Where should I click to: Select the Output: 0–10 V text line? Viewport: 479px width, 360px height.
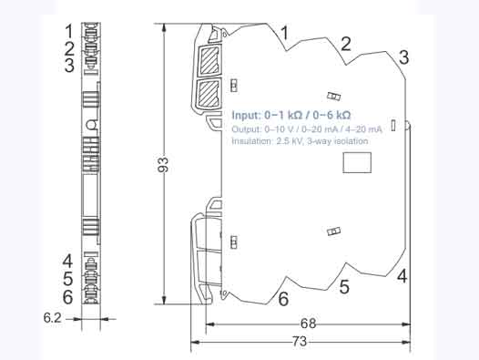coord(306,129)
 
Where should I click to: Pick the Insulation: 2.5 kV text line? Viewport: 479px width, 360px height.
coord(300,141)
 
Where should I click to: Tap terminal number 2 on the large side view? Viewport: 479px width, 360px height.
coord(345,43)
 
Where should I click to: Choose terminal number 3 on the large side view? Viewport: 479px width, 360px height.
coord(403,57)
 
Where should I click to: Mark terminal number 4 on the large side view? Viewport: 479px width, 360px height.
coord(401,276)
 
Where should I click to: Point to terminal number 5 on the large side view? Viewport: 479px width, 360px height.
coord(344,288)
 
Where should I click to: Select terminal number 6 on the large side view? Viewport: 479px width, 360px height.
coord(283,299)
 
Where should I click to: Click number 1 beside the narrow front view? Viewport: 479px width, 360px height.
coord(68,33)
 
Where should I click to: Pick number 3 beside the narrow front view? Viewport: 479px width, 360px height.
coord(68,66)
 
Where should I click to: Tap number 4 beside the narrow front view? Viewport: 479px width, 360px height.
coord(68,262)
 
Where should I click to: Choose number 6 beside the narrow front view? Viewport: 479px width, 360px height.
coord(68,296)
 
